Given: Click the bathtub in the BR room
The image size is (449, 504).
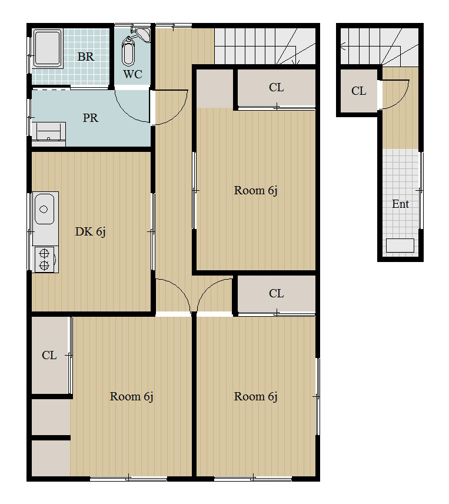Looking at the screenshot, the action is (47, 48).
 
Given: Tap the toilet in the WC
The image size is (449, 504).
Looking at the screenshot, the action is (128, 52).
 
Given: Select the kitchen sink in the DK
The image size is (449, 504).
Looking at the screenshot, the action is (45, 209).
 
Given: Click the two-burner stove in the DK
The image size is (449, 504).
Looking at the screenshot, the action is (45, 260).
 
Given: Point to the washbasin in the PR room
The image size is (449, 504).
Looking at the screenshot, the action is (48, 132).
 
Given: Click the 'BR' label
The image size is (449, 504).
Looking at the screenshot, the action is (86, 57).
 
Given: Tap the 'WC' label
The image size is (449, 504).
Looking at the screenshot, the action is (132, 75).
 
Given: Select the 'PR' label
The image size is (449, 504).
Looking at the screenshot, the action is (90, 118).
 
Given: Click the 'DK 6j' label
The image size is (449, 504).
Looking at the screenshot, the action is (90, 232).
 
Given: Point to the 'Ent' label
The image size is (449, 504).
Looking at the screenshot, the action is (400, 204).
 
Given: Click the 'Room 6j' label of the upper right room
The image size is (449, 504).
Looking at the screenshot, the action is (255, 191).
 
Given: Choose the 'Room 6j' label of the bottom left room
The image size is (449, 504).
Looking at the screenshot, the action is (131, 397).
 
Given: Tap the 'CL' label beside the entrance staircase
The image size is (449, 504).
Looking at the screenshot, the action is (359, 91).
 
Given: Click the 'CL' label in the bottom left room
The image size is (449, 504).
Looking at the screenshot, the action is (49, 355).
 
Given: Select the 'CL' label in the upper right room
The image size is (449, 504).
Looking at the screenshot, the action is (276, 87).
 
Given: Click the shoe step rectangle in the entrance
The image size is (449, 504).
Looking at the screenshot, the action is (400, 246).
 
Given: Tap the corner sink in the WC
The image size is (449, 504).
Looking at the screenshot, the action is (143, 35).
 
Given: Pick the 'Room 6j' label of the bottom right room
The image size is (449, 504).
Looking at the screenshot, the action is (255, 397).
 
